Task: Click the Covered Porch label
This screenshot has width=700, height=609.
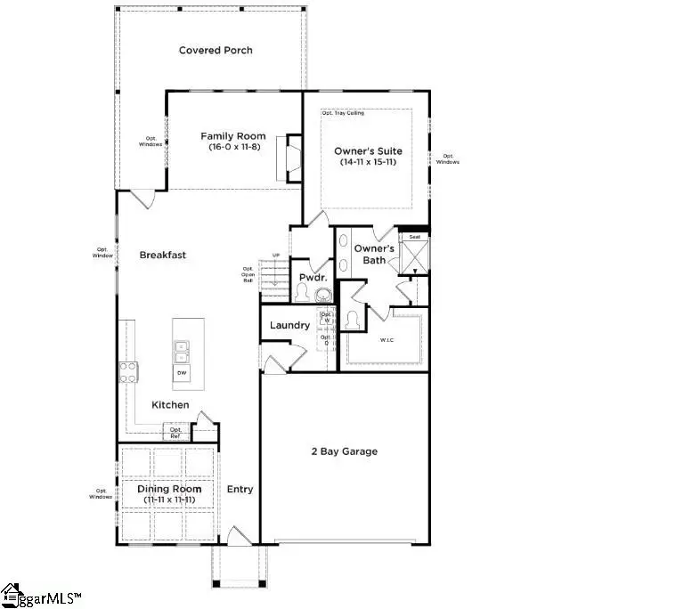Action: point(216,50)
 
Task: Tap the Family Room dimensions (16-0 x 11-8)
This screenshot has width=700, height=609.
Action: point(232,146)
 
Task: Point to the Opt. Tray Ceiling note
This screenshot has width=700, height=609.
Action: point(343,113)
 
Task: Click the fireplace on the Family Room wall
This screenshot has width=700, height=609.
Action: point(289,158)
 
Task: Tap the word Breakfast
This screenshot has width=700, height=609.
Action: point(163,255)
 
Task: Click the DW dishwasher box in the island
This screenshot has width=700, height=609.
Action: point(181,372)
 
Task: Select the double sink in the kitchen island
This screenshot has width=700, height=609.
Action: point(181,347)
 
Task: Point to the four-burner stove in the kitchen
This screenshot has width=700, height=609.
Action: point(127,371)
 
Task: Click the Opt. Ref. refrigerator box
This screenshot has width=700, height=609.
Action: point(175,433)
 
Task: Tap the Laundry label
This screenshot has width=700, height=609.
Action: point(289,325)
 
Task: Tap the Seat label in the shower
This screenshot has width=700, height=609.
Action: point(413,237)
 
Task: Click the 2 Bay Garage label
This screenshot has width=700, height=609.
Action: point(344,451)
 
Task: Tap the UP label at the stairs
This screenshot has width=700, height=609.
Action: point(276,256)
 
